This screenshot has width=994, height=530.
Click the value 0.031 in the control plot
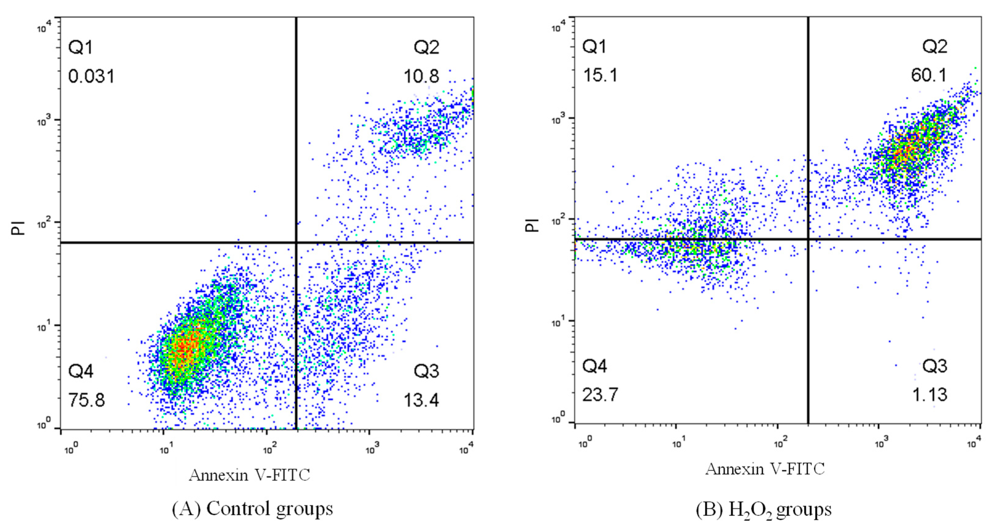click(91, 76)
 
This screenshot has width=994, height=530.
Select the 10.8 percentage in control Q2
click(421, 76)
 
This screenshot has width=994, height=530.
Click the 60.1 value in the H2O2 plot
click(929, 75)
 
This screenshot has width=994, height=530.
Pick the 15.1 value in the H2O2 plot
click(600, 75)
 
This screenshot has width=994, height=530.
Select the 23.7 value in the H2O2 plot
click(600, 395)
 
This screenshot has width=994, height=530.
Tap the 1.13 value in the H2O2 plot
click(929, 395)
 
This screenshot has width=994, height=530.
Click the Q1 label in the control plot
click(80, 47)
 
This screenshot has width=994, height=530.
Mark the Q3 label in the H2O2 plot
click(935, 366)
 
